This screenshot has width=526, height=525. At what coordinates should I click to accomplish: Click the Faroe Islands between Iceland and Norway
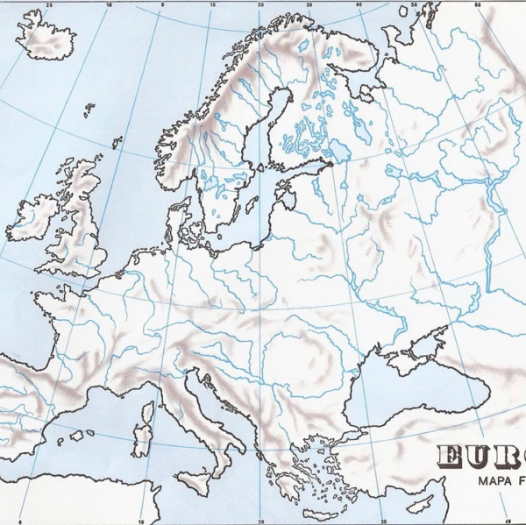pos(89,110)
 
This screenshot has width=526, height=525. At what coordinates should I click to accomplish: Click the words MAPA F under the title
pos(496,481)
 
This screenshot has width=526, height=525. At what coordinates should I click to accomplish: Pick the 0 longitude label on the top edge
pos(164,4)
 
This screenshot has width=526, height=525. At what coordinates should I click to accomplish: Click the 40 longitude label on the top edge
pos(359,4)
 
